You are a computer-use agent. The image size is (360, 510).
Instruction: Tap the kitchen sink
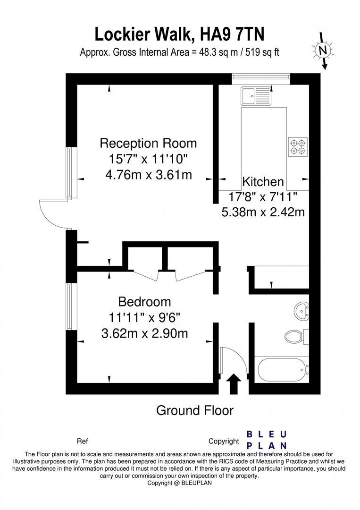click(x=257, y=96)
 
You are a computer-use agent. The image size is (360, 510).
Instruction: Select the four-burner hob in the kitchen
click(x=298, y=146)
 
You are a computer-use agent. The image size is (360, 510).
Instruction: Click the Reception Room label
click(x=148, y=143)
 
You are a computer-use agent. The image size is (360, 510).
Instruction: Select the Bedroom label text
click(x=144, y=301)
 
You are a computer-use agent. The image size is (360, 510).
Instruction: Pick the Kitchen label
click(x=263, y=182)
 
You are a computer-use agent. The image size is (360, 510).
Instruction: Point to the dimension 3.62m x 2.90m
click(x=144, y=333)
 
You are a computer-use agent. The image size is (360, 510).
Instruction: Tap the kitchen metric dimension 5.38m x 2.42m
click(x=263, y=212)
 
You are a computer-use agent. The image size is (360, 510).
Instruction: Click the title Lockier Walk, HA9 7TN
click(x=180, y=34)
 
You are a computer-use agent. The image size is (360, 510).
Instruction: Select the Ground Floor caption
click(x=194, y=410)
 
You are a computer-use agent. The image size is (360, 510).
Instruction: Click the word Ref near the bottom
click(x=82, y=442)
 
